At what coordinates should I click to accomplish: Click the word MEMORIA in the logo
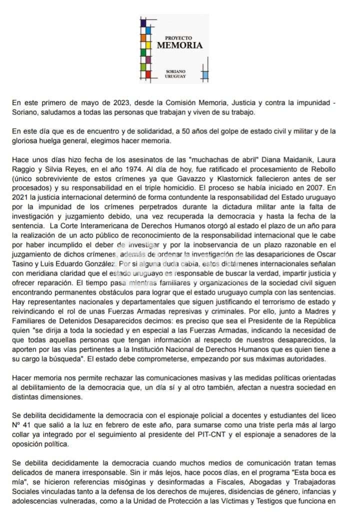tap(180, 45)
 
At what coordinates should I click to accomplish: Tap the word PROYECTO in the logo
tap(178, 38)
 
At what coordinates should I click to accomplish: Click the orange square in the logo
tap(143, 37)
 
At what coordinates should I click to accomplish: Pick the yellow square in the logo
tap(143, 52)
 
